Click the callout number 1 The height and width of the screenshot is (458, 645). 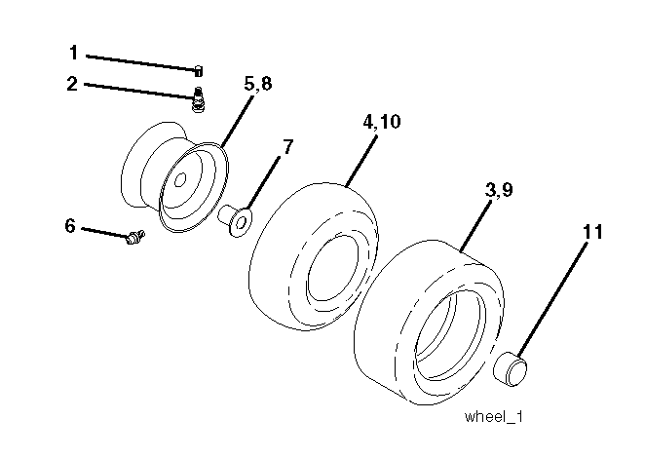[74, 53]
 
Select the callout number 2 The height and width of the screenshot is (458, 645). [72, 84]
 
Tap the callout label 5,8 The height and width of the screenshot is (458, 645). [258, 84]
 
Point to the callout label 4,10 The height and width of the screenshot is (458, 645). [381, 122]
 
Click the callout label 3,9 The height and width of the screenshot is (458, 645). [499, 190]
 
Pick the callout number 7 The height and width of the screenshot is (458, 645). [288, 147]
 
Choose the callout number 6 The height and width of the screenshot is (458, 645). [70, 226]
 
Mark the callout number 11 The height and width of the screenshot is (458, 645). [593, 232]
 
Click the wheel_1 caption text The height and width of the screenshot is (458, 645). [494, 416]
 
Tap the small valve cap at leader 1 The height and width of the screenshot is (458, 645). [198, 71]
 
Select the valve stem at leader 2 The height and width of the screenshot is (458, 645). [198, 99]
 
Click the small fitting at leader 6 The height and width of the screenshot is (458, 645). [134, 237]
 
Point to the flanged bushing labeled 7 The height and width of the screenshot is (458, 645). [235, 221]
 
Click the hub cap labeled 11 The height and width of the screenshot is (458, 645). [511, 368]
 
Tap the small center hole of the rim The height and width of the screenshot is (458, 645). [180, 180]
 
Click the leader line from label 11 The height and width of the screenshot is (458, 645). [551, 299]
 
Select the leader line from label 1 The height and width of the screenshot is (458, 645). [140, 63]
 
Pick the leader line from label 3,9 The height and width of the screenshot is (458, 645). [475, 225]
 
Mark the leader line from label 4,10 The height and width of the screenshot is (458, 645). [361, 161]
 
